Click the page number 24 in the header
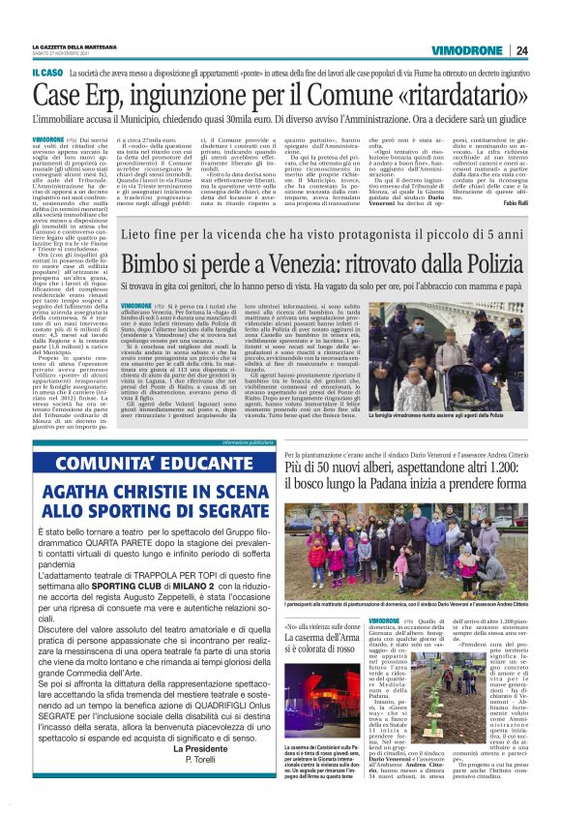point(522,51)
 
